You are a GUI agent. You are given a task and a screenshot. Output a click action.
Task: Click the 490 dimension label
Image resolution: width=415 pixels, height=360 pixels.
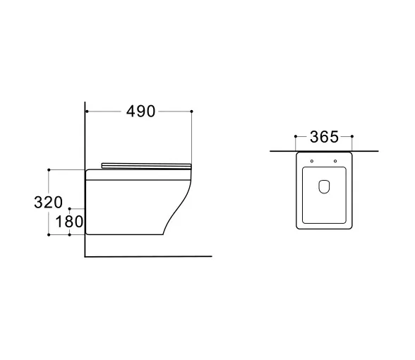point(140,112)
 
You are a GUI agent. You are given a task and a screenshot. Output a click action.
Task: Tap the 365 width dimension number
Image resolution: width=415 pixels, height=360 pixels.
point(324,137)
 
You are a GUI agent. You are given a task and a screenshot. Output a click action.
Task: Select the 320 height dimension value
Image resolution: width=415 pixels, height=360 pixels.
point(48,202)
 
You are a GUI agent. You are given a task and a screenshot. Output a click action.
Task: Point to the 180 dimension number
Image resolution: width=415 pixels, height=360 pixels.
point(69,222)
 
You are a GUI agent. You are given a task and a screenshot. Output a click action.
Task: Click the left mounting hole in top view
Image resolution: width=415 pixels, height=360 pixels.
point(312,161)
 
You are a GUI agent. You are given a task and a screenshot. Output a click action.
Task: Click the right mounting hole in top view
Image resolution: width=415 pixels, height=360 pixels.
point(335,161)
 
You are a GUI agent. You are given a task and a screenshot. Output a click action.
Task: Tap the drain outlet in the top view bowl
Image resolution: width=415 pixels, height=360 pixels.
point(324,186)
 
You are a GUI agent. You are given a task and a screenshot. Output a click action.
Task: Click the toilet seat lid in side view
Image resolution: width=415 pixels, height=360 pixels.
point(146,166)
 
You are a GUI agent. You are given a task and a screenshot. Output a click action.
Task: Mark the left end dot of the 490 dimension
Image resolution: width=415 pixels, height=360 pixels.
point(87,112)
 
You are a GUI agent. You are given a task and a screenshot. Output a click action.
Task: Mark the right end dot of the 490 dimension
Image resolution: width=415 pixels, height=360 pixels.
point(192,112)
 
